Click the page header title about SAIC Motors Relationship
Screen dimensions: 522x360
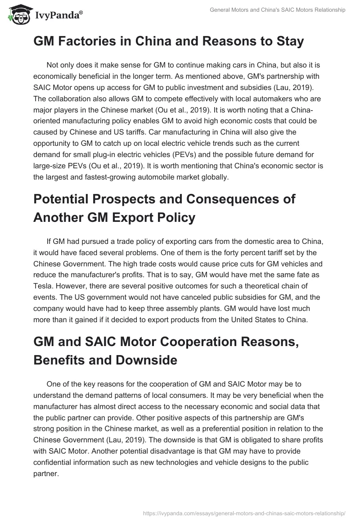point(278,10)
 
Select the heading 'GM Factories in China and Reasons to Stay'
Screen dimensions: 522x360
point(169,42)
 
